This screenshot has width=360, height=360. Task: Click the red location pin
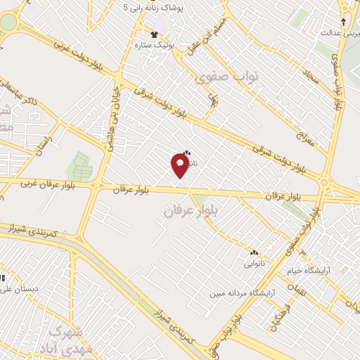pos(180,165)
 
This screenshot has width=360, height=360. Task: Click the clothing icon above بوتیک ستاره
pos(155,33)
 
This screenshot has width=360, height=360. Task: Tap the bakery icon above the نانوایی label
pos(254,252)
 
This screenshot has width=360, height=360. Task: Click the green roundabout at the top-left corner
pos(7,22)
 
